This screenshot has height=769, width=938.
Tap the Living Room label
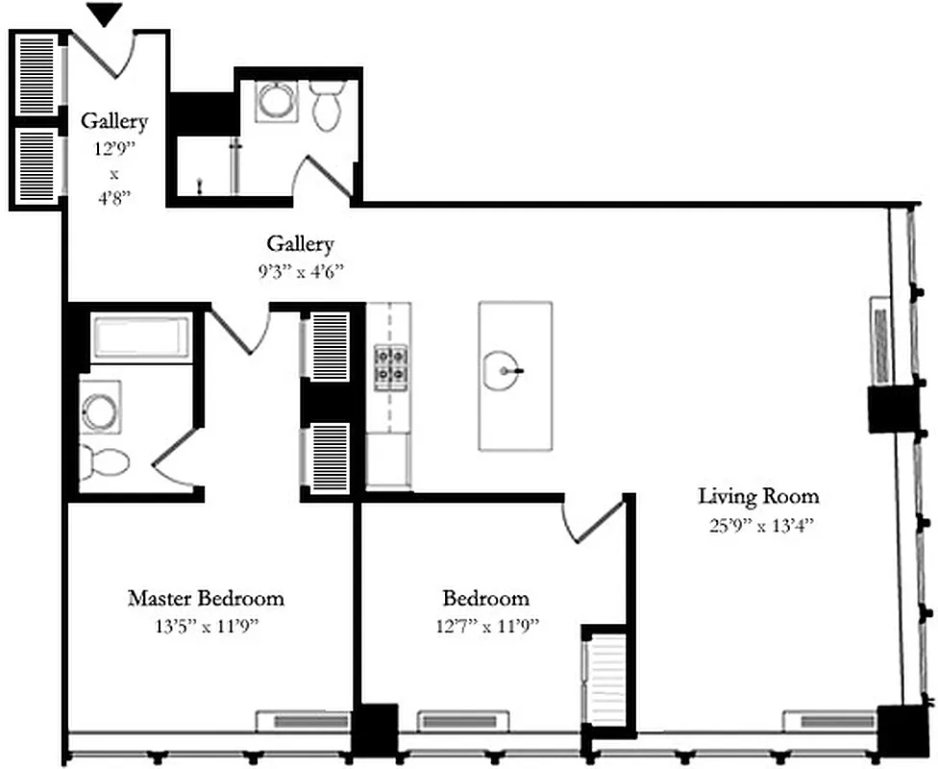click(x=758, y=496)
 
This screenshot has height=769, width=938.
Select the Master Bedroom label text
click(x=206, y=598)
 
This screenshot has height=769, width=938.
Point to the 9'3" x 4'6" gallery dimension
click(x=300, y=271)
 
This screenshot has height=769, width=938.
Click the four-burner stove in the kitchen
click(x=390, y=364)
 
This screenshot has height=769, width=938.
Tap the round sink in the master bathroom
click(x=100, y=409)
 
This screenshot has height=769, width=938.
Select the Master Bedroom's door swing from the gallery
click(x=239, y=330)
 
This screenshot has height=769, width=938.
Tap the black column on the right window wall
click(x=889, y=409)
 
